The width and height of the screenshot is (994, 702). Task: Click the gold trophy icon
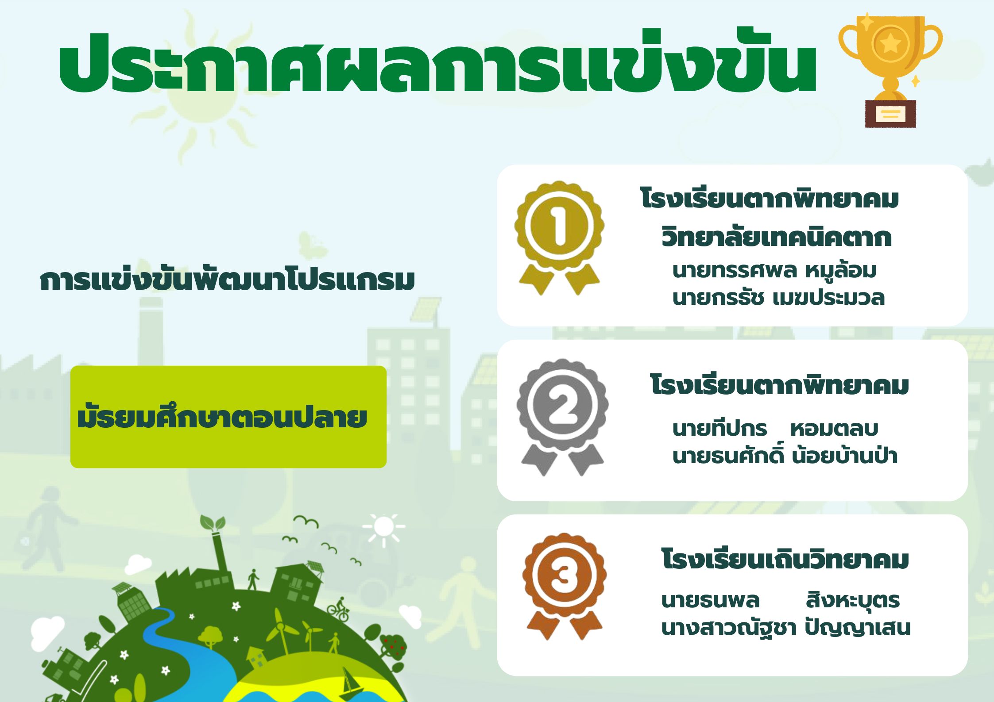[x=890, y=71]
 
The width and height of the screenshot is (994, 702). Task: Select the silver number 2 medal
[x=562, y=416]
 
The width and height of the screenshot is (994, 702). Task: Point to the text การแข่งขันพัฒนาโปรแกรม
[x=227, y=280]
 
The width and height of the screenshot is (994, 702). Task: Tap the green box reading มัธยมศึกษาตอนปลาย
[x=228, y=417]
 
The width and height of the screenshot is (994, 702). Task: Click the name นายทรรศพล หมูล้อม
[x=774, y=271]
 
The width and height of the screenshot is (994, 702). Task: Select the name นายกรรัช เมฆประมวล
[x=778, y=297]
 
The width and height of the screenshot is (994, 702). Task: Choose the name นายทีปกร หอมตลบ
[x=775, y=428]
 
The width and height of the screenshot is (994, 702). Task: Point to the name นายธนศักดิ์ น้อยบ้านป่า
[x=785, y=455]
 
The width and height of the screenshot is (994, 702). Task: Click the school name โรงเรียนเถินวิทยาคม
[x=785, y=559]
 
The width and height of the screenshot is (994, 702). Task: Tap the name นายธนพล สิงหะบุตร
[x=780, y=600]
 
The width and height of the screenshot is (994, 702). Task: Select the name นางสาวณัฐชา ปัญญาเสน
[x=785, y=627]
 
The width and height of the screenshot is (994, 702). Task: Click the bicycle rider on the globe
[x=339, y=610]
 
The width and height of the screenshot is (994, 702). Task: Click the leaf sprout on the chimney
[x=213, y=523]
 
